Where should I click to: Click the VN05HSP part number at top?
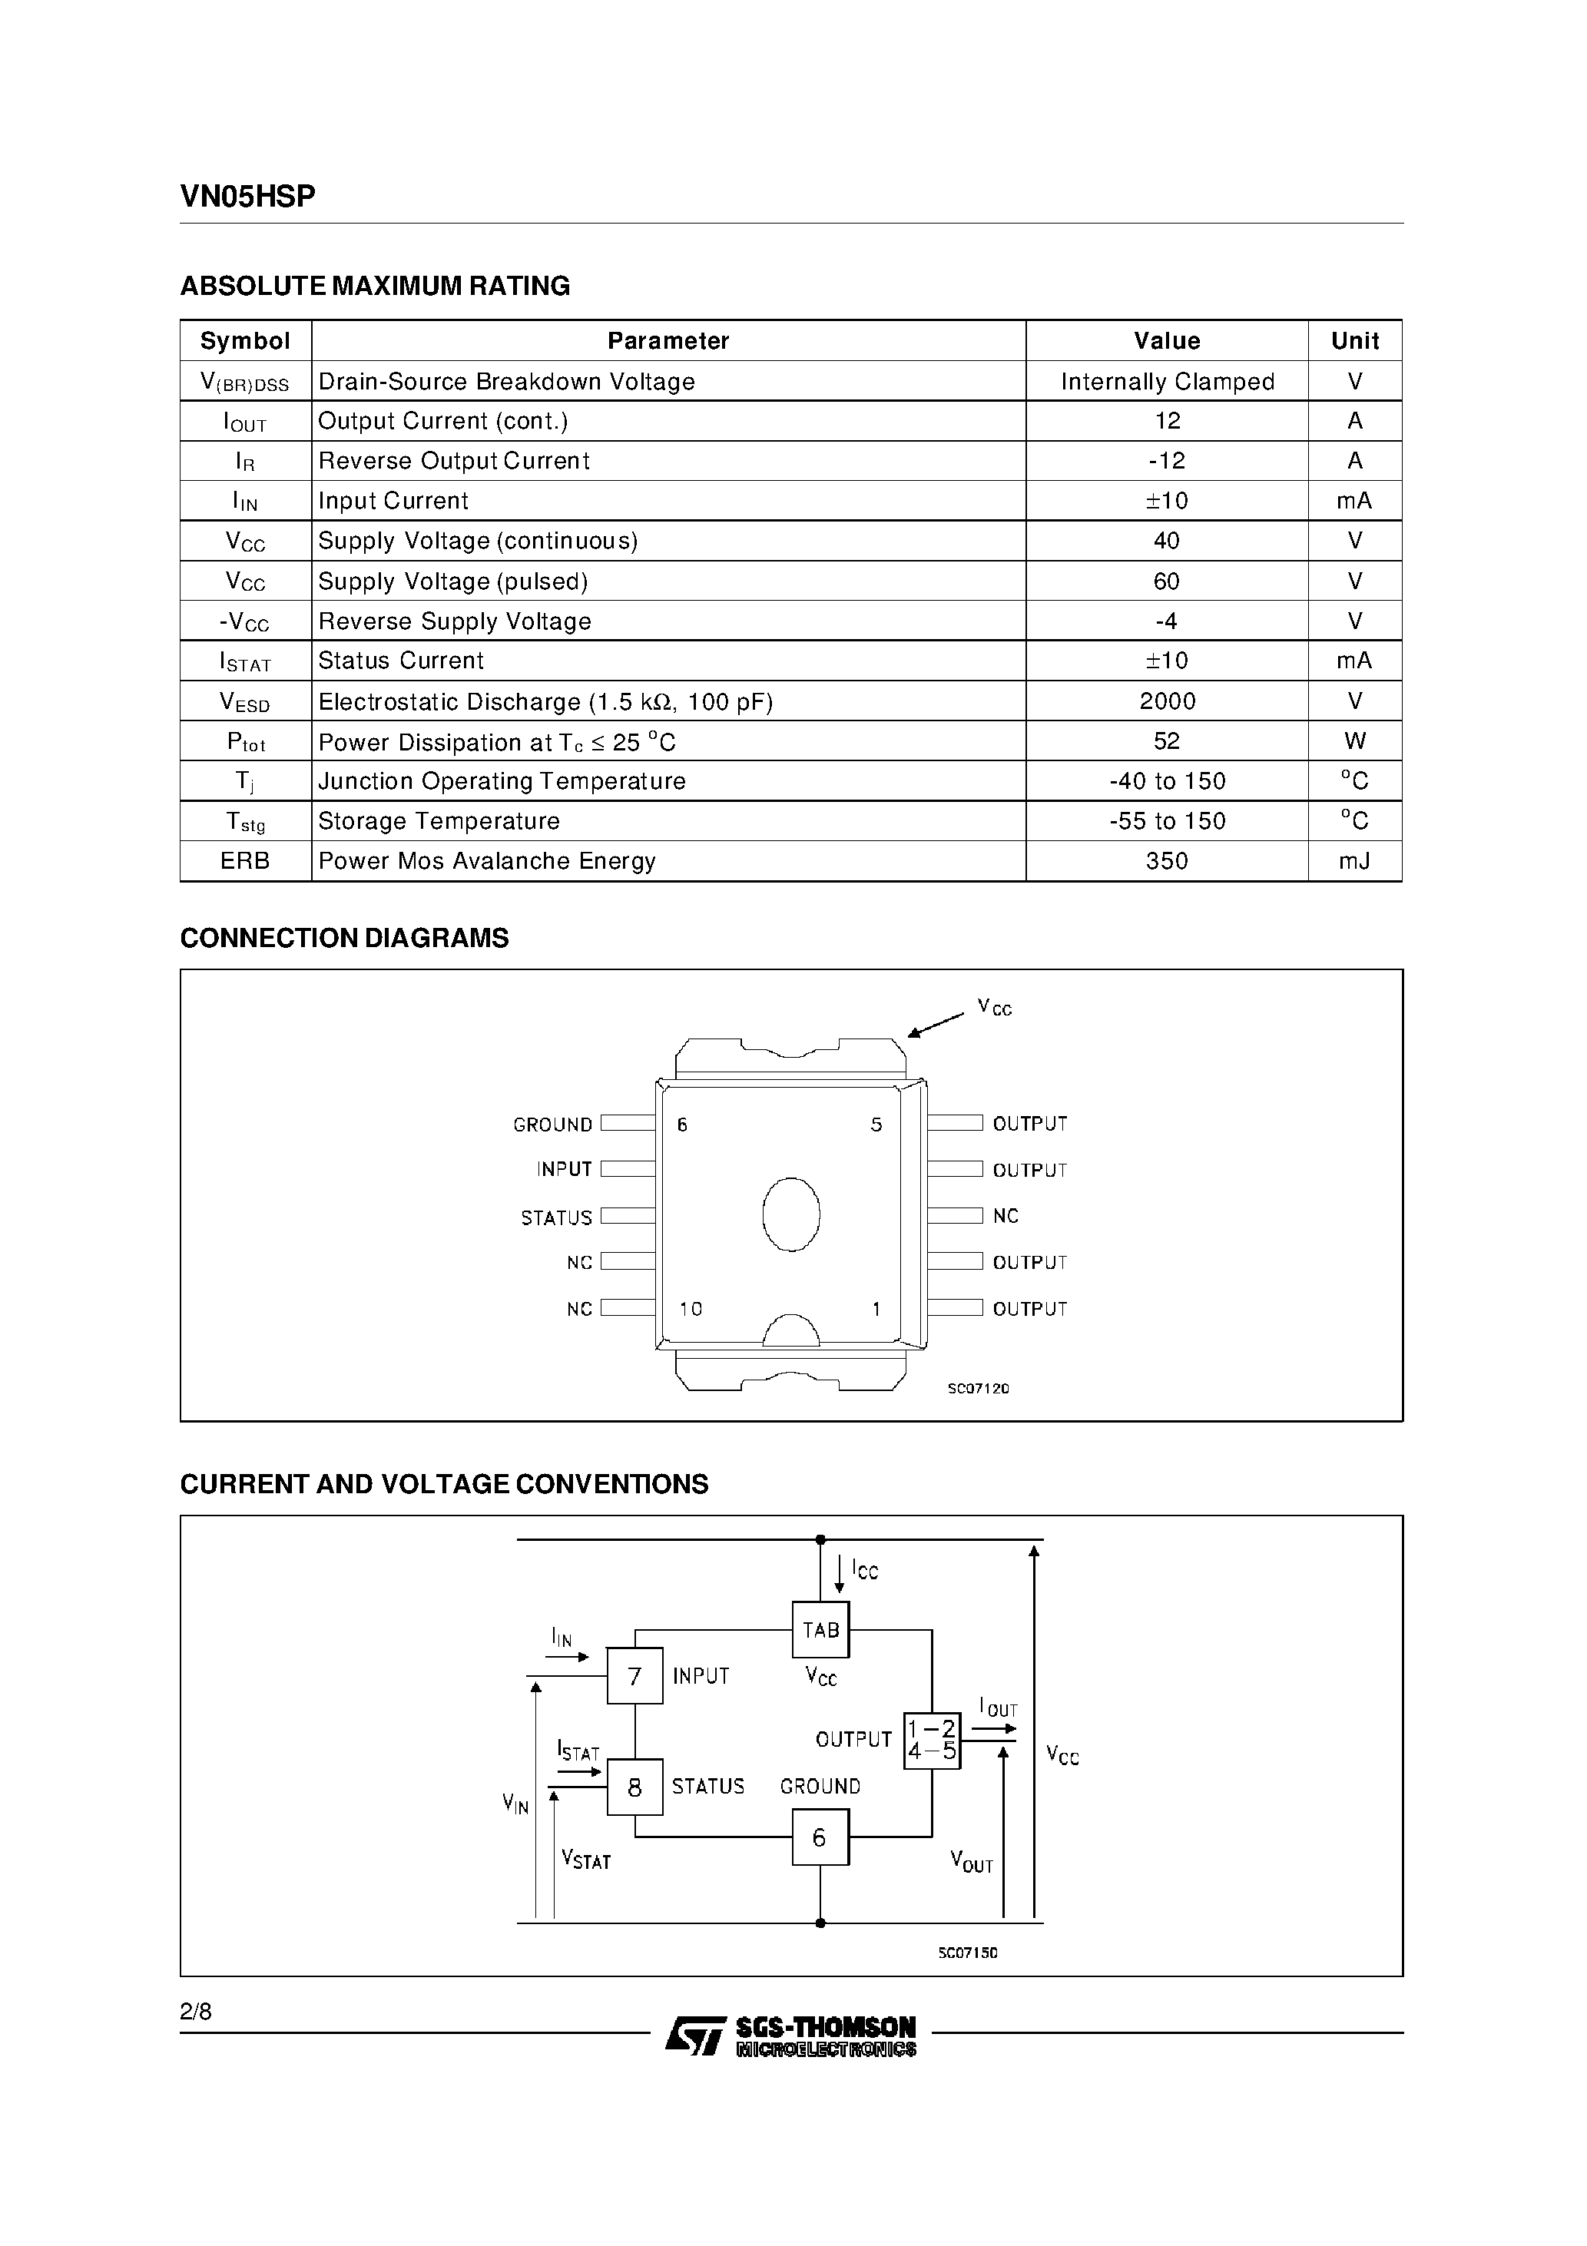pyautogui.click(x=247, y=197)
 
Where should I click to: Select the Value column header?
pyautogui.click(x=1166, y=340)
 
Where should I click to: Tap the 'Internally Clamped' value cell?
pyautogui.click(x=1166, y=382)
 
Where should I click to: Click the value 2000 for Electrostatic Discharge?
pyautogui.click(x=1166, y=701)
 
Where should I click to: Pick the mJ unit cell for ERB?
pyautogui.click(x=1354, y=861)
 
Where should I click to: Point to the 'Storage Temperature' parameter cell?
pyautogui.click(x=439, y=820)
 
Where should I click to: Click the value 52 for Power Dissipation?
pyautogui.click(x=1166, y=741)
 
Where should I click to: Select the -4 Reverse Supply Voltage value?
pyautogui.click(x=1166, y=621)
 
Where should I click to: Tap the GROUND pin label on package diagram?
pyautogui.click(x=553, y=1125)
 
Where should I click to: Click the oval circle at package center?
pyautogui.click(x=790, y=1214)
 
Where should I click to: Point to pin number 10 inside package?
pyautogui.click(x=691, y=1309)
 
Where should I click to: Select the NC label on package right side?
pyautogui.click(x=1005, y=1216)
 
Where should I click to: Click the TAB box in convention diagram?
pyautogui.click(x=820, y=1630)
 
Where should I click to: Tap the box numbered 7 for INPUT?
pyautogui.click(x=634, y=1676)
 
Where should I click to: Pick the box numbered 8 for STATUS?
pyautogui.click(x=634, y=1787)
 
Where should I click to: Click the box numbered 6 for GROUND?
pyautogui.click(x=820, y=1837)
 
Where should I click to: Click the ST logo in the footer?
pyautogui.click(x=694, y=2035)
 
